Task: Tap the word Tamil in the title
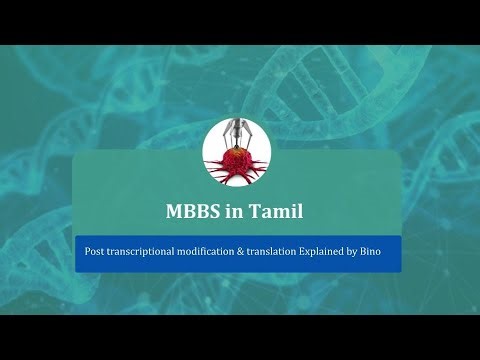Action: coord(282,212)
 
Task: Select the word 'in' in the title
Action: coord(236,212)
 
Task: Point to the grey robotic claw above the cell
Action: coord(237,133)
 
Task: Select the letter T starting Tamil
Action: coord(258,212)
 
